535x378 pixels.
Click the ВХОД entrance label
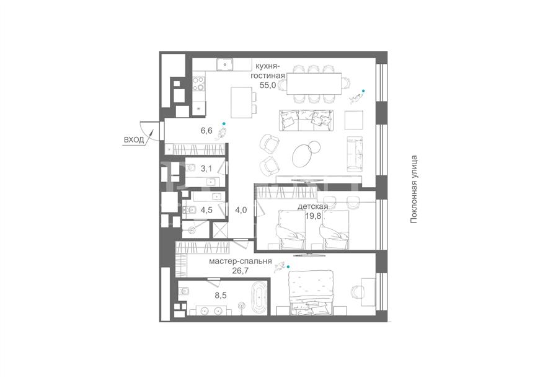coord(134,140)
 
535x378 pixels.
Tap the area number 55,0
coord(268,86)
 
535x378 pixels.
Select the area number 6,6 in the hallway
coord(206,130)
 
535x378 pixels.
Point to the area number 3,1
coord(206,168)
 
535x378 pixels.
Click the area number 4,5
coord(206,210)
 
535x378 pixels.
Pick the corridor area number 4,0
coord(241,210)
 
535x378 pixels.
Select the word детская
coord(313,207)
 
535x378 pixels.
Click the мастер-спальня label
coord(240,262)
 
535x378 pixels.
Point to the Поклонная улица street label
coord(414,190)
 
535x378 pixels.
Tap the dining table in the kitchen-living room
coord(314,84)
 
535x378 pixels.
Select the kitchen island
coord(242,102)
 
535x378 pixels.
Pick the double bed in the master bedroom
coord(311,292)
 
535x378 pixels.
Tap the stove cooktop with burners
coord(198,84)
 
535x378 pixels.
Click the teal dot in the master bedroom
coord(288,266)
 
